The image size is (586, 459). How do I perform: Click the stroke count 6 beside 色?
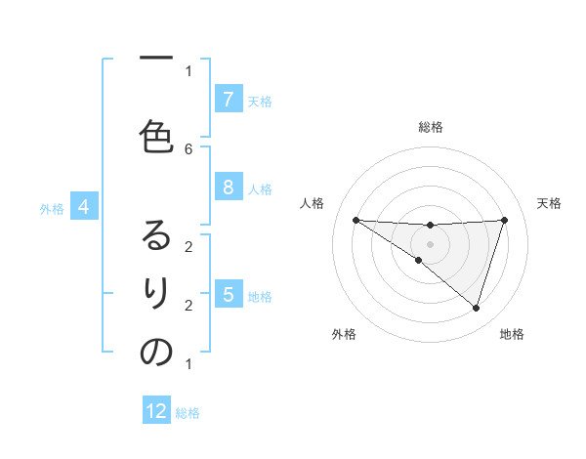tap(188, 148)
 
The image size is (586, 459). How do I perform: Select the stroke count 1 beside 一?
tap(188, 70)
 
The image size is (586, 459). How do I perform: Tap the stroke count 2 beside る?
tap(188, 246)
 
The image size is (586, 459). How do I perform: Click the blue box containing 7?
tap(228, 99)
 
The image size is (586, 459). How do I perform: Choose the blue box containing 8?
tap(228, 187)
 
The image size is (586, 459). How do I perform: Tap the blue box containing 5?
tap(228, 294)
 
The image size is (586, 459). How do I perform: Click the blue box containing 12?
tap(156, 411)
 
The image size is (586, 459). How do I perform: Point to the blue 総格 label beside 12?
tap(188, 413)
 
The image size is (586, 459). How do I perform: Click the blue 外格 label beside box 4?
tap(52, 208)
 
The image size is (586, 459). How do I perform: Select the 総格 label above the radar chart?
tap(431, 127)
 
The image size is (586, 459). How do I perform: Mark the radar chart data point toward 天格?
tap(505, 220)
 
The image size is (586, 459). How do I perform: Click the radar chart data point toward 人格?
tap(356, 220)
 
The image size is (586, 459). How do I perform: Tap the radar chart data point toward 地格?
tap(476, 308)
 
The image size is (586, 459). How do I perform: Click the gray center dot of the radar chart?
tap(430, 243)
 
